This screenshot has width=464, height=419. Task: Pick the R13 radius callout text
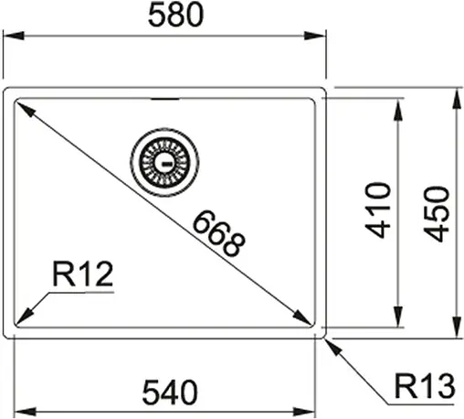[425, 389]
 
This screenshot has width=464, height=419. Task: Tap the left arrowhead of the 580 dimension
[11, 37]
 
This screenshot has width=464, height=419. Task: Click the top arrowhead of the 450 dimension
[456, 95]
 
